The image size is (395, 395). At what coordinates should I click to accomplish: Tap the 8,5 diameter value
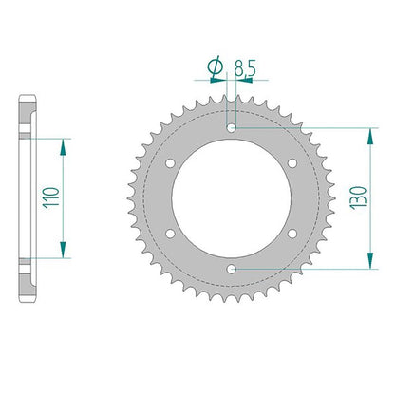tap(245, 68)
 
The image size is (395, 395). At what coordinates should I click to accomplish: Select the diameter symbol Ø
tap(216, 66)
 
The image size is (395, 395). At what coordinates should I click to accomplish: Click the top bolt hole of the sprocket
tap(232, 128)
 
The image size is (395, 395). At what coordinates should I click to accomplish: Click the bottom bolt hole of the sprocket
tap(232, 270)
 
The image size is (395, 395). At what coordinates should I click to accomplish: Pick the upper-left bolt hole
tap(171, 163)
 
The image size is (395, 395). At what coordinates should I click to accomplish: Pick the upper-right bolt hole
tap(292, 163)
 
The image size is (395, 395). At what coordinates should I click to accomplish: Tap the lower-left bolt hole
tap(171, 234)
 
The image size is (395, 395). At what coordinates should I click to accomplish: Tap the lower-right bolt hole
tap(292, 234)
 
